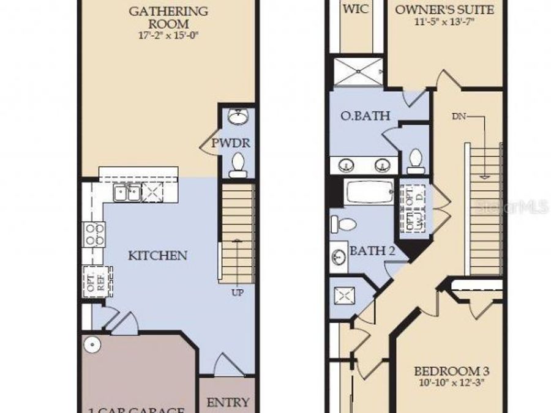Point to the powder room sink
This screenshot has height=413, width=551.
click(x=236, y=117)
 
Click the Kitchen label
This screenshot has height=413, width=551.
click(x=157, y=255)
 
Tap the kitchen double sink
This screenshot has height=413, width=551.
click(x=127, y=194)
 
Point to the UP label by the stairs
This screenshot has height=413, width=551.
click(x=238, y=293)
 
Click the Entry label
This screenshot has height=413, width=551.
click(x=228, y=402)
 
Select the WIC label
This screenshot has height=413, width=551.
click(x=356, y=10)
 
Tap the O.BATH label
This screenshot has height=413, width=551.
click(x=365, y=116)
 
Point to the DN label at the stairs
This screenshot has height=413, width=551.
click(x=459, y=116)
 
